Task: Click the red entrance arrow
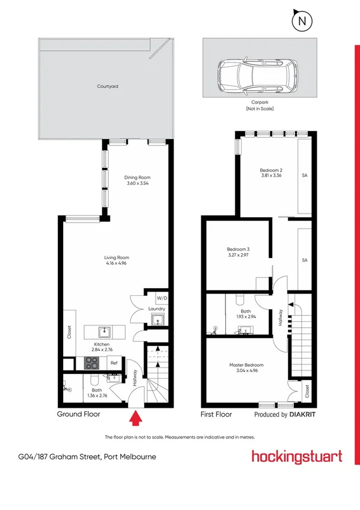[136, 416]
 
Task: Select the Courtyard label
[108, 87]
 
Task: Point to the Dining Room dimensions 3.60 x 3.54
[137, 183]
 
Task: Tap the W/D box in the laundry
[161, 298]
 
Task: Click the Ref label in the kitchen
[114, 363]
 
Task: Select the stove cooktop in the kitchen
[92, 362]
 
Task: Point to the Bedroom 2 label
[271, 170]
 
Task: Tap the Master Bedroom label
[246, 365]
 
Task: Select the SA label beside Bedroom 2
[305, 176]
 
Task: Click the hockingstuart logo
[297, 456]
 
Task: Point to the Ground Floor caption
[78, 414]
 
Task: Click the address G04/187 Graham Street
[87, 456]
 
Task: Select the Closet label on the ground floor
[69, 333]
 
